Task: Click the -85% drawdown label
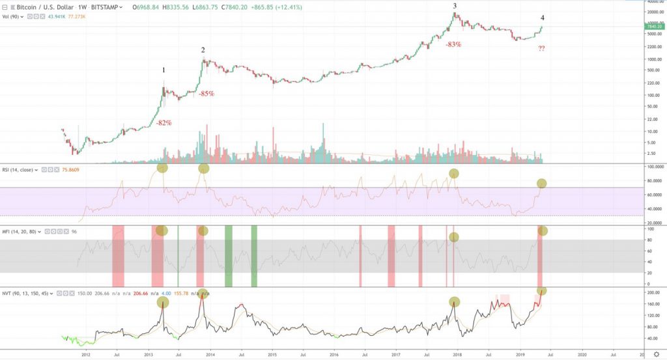pos(206,94)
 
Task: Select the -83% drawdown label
pos(453,45)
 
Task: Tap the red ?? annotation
pos(542,49)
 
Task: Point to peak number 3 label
pos(455,6)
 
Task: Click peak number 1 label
pos(163,70)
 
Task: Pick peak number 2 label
pos(203,50)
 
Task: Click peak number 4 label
pos(543,18)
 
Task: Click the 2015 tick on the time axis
pos(272,355)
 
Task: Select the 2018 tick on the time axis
pos(458,355)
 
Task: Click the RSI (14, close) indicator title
pos(20,169)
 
